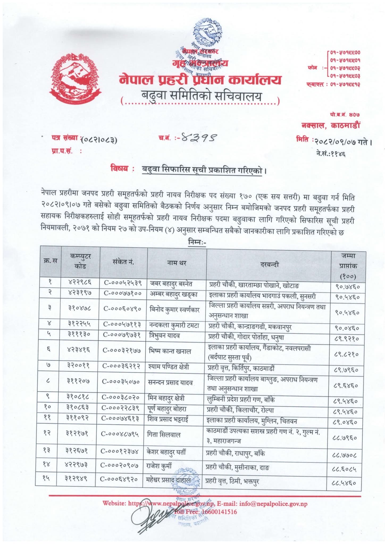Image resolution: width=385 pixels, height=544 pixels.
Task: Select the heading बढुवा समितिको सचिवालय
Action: tap(201, 97)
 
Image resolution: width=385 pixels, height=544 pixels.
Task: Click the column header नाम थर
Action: tap(177, 263)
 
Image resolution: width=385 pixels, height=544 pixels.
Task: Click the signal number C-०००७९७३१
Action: tap(122, 335)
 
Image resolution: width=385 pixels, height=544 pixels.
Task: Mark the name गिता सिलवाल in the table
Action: tap(164, 435)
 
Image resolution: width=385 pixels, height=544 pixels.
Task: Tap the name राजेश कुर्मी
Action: tap(159, 466)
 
